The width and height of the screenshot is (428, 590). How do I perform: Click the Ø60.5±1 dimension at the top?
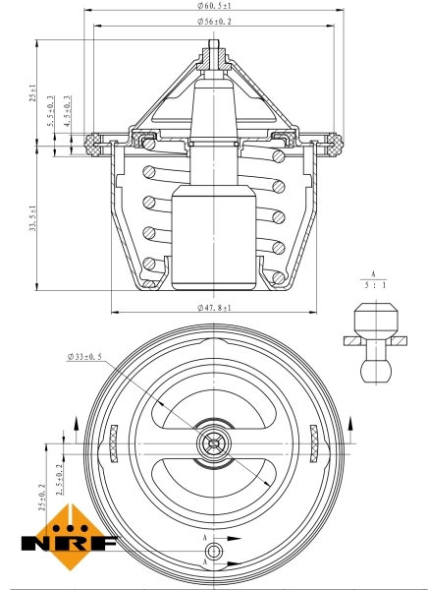tap(213, 6)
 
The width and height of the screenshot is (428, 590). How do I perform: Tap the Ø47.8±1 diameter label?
tap(213, 307)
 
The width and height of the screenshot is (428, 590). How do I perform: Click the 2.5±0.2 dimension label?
tap(59, 471)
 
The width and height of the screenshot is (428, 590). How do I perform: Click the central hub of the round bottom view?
tap(213, 443)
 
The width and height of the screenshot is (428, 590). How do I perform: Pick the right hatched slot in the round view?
tap(312, 442)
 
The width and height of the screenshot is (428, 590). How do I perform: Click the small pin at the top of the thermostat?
tap(213, 46)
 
